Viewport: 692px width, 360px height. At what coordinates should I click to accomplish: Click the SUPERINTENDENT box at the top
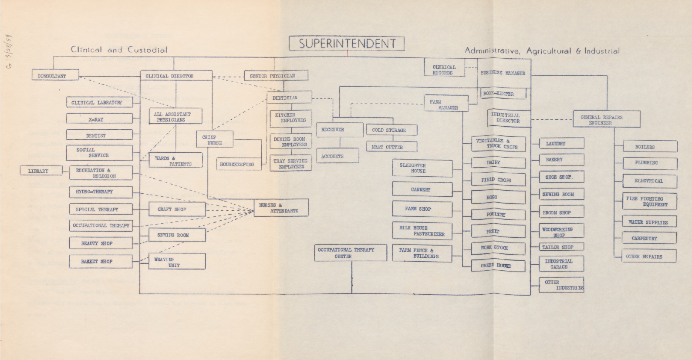[347, 44]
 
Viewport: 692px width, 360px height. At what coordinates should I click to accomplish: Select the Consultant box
[55, 75]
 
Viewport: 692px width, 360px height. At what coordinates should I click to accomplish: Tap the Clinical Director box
[176, 76]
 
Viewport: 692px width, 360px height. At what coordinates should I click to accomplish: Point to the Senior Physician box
[276, 76]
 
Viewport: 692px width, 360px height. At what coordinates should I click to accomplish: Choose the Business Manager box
[503, 73]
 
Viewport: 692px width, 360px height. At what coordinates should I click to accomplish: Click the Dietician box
[289, 98]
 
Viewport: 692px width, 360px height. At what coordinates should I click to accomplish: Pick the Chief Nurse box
[214, 140]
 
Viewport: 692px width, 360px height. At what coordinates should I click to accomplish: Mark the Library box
[41, 171]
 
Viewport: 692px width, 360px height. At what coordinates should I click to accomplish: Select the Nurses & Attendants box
[281, 208]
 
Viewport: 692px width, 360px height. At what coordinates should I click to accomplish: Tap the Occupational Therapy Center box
[351, 253]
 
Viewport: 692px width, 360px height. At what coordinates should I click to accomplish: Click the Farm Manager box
[446, 104]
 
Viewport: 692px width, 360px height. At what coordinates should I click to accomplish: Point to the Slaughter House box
[422, 168]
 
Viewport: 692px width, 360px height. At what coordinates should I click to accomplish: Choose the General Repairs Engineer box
[606, 119]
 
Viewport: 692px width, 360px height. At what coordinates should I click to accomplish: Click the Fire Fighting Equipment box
[649, 201]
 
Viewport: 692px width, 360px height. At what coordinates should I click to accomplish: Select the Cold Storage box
[391, 130]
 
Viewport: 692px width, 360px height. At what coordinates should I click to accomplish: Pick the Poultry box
[498, 214]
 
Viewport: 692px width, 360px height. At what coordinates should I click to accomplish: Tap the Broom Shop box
[561, 212]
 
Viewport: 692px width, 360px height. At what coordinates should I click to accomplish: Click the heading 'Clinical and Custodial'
[119, 50]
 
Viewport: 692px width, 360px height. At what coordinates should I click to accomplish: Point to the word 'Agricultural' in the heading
[550, 51]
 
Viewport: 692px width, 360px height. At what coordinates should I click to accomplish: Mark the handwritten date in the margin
[9, 52]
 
